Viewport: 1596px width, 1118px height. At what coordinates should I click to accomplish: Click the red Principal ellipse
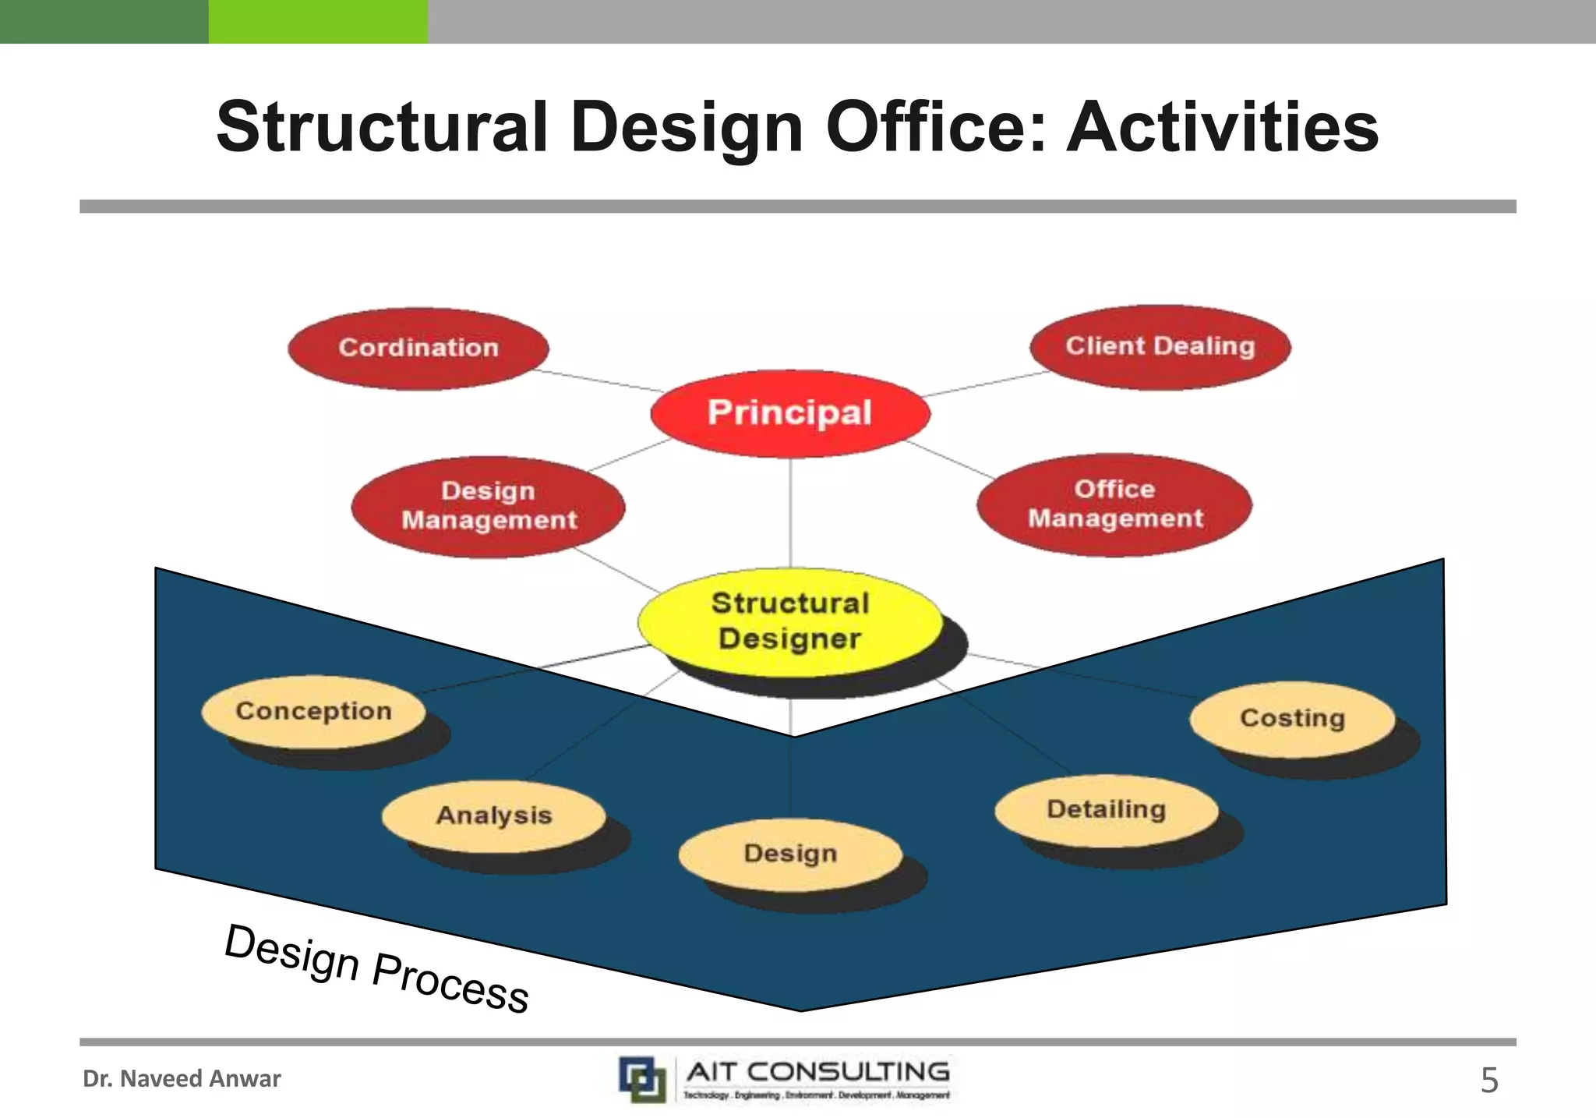click(x=789, y=413)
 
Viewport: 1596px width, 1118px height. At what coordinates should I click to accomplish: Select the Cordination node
click(x=418, y=348)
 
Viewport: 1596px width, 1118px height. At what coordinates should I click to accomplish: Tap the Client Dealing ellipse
click(x=1160, y=346)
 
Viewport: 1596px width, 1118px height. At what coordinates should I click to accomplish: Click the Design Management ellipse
click(x=489, y=506)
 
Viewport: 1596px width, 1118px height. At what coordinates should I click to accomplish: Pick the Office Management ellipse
click(x=1114, y=504)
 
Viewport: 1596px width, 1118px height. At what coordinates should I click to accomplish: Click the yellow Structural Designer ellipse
click(x=789, y=621)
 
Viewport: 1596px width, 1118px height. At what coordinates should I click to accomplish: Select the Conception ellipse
click(x=313, y=711)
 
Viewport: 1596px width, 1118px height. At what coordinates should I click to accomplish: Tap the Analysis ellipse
click(x=493, y=816)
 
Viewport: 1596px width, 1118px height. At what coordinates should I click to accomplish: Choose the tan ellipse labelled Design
click(x=789, y=854)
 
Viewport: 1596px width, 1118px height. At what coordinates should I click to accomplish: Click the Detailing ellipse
click(x=1106, y=809)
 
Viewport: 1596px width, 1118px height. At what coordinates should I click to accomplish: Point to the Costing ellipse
click(x=1291, y=718)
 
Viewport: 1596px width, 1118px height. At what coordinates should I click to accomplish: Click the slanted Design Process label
click(x=376, y=968)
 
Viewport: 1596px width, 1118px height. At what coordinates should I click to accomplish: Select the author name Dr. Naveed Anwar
click(x=182, y=1079)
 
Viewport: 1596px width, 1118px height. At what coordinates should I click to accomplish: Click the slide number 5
click(x=1488, y=1081)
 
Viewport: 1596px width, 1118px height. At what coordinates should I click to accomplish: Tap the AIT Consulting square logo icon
click(x=643, y=1079)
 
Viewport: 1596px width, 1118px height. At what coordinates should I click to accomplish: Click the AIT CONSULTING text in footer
click(x=817, y=1072)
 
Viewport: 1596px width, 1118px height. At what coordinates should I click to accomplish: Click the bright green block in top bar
click(x=317, y=21)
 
